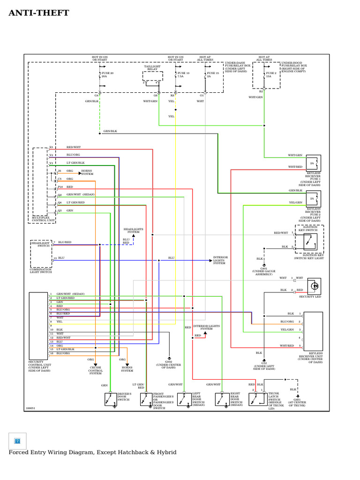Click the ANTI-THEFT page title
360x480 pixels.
pos(39,13)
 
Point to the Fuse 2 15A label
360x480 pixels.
pos(271,75)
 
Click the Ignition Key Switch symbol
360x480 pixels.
pos(309,242)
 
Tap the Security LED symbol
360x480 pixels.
pos(314,286)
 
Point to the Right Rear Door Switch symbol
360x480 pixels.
pos(222,399)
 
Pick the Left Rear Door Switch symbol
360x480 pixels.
pos(184,399)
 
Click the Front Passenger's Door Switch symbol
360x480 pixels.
pos(146,399)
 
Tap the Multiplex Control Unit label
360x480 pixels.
pos(44,219)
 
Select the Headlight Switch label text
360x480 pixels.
pos(40,244)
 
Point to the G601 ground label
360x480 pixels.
pos(297,402)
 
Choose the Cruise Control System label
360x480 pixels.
pos(96,370)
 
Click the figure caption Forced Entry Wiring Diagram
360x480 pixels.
pos(92,452)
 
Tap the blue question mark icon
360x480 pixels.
pos(17,441)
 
